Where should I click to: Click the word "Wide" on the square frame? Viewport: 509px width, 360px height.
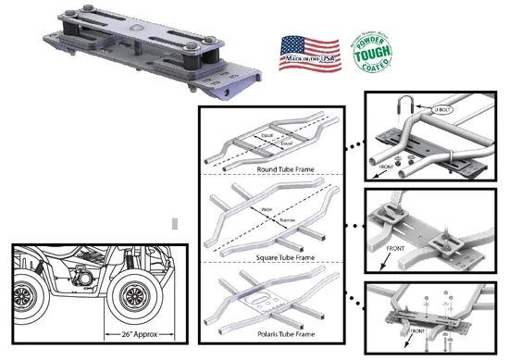(x=265, y=210)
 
